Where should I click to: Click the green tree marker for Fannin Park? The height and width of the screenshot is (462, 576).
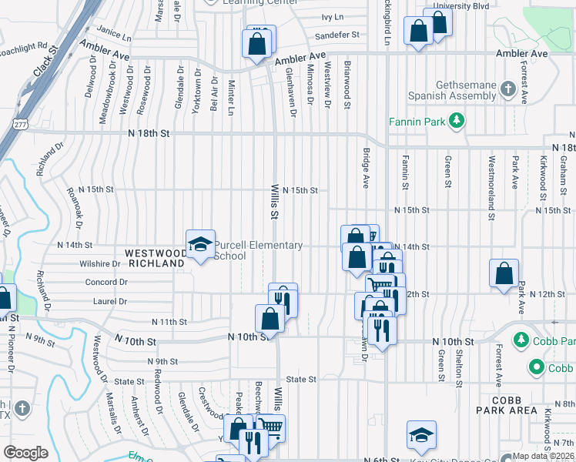(457, 120)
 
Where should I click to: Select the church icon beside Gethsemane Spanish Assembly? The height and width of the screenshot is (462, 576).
(507, 89)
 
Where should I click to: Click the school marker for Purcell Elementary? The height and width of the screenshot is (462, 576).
(200, 244)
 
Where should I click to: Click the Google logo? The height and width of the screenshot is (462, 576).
(25, 452)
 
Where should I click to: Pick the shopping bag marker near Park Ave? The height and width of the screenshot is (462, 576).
(504, 273)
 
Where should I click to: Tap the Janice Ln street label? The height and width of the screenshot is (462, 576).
(115, 34)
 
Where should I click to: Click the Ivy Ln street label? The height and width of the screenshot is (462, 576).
(332, 16)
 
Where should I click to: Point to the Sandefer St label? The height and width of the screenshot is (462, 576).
(337, 35)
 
